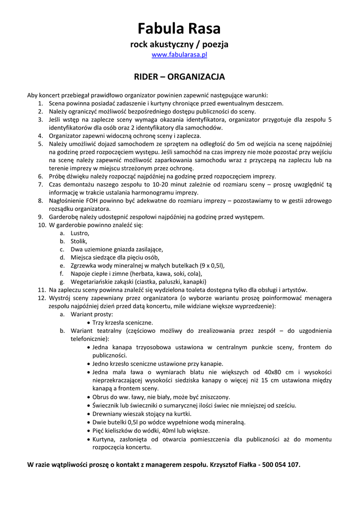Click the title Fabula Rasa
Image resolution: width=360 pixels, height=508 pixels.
point(179,28)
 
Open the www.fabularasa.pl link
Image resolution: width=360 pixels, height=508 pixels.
point(179,55)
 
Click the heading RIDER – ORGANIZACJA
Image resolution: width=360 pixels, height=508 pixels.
point(179,77)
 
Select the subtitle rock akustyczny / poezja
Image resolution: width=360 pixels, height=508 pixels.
point(179,44)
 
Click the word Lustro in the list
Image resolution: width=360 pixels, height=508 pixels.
point(80,233)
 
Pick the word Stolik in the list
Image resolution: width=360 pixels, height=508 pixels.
point(79,241)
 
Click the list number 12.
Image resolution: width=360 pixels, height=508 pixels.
point(42,298)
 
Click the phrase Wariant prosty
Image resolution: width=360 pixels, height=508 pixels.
point(91,314)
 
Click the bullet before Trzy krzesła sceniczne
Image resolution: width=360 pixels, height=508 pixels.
point(88,322)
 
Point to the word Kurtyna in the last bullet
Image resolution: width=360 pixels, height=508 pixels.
point(105,439)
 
